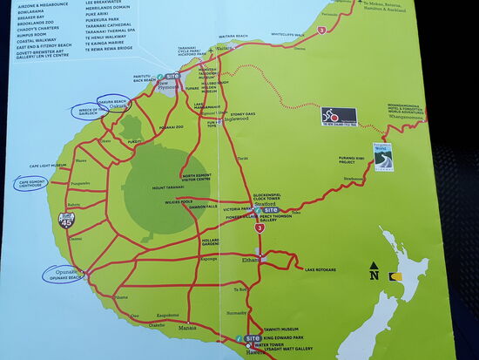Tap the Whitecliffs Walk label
pyautogui.click(x=287, y=35)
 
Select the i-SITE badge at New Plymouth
pyautogui.click(x=172, y=78)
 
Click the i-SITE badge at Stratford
pyautogui.click(x=271, y=210)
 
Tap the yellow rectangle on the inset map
pyautogui.click(x=395, y=276)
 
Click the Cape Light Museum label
pyautogui.click(x=47, y=165)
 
